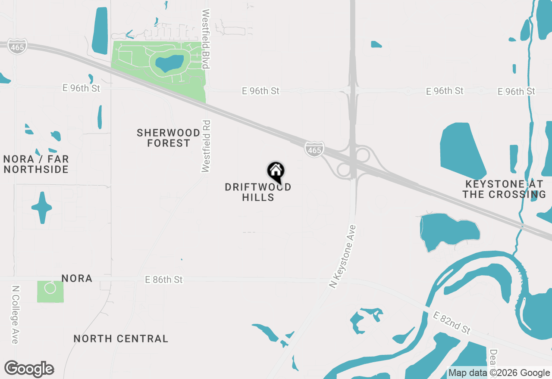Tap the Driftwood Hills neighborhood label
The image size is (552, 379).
258,192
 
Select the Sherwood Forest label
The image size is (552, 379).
169,138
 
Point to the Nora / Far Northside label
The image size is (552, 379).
36,164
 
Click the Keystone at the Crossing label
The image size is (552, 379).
504,189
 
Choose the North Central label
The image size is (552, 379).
121,339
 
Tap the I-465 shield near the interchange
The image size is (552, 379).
314,149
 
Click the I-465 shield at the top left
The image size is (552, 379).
18,46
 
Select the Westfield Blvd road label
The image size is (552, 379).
206,39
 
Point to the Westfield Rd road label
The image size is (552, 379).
206,146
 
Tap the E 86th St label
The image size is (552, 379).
164,280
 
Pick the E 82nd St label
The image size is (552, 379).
452,323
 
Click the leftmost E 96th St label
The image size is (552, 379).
81,88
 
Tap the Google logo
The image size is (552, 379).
29,369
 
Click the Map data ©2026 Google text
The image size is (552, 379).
499,373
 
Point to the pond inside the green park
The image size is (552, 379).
169,64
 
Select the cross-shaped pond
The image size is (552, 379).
42,208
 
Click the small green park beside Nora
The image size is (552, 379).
50,291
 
